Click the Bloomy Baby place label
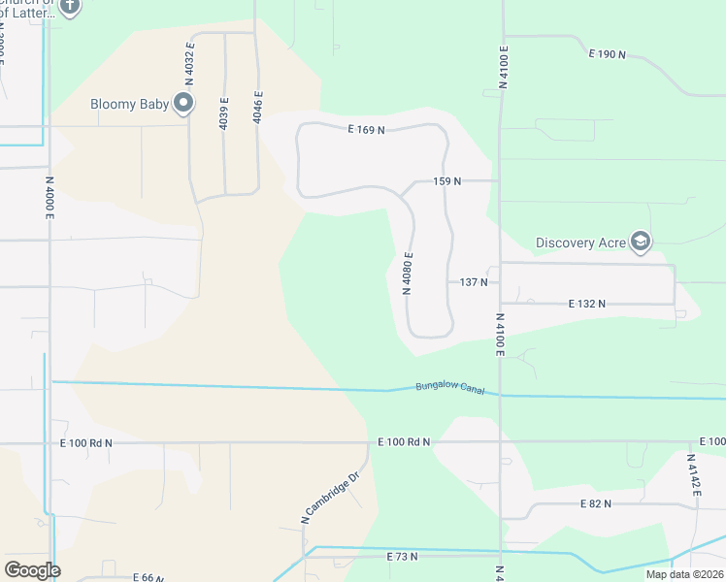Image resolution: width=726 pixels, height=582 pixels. pyautogui.click(x=129, y=104)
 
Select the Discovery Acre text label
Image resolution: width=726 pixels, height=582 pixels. pyautogui.click(x=580, y=242)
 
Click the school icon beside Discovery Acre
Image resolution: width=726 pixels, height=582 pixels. pyautogui.click(x=641, y=242)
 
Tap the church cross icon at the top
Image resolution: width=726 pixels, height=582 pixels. pyautogui.click(x=70, y=7)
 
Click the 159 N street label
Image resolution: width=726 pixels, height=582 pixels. pyautogui.click(x=446, y=181)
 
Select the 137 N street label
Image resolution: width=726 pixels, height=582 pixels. pyautogui.click(x=473, y=282)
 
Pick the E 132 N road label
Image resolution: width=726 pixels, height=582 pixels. pyautogui.click(x=586, y=304)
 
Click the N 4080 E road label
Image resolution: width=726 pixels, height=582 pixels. pyautogui.click(x=411, y=275)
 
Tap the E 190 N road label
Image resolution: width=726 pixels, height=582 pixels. pyautogui.click(x=608, y=54)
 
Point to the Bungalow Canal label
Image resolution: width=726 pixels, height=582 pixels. pyautogui.click(x=449, y=387)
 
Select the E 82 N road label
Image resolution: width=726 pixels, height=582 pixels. pyautogui.click(x=597, y=504)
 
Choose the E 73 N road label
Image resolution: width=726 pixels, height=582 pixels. pyautogui.click(x=401, y=557)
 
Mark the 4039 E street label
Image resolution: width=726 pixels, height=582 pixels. pyautogui.click(x=224, y=113)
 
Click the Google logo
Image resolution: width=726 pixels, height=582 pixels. pyautogui.click(x=32, y=569)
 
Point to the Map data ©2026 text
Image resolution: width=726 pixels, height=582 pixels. pyautogui.click(x=683, y=574)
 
